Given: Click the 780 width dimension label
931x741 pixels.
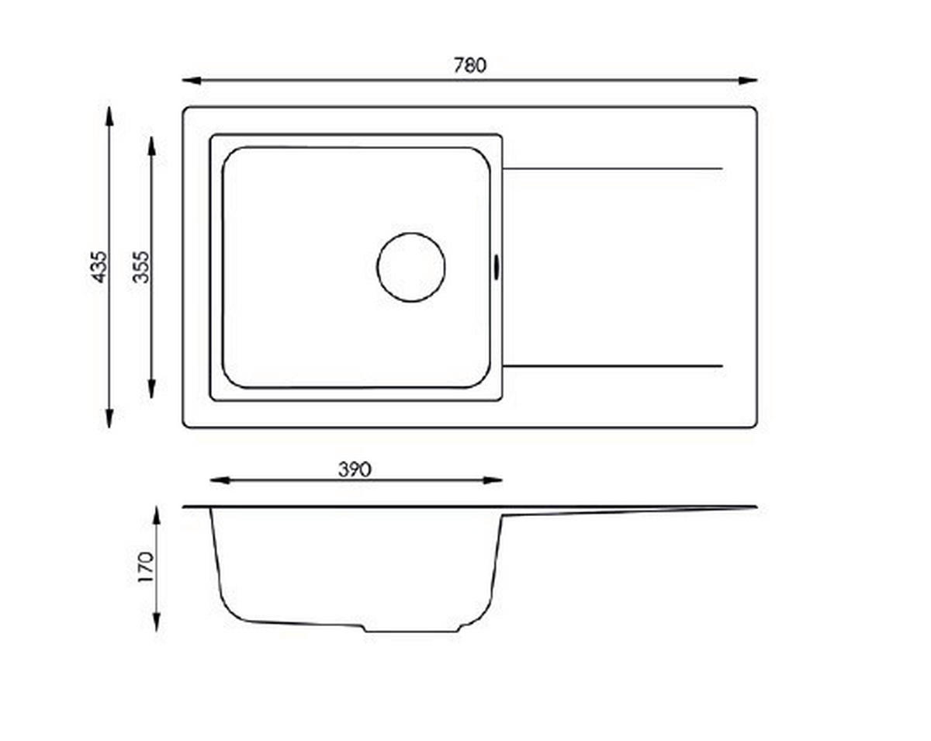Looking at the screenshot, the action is click(x=470, y=66).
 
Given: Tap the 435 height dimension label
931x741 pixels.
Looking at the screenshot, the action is click(x=99, y=267).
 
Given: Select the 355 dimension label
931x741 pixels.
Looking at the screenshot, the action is click(x=141, y=267).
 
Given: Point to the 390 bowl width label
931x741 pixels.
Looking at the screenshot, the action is click(x=355, y=469).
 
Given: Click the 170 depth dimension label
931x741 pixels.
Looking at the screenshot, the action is click(x=146, y=567).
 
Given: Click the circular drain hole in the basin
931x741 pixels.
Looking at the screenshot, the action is click(x=411, y=267).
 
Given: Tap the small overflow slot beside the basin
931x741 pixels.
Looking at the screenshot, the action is click(x=497, y=267).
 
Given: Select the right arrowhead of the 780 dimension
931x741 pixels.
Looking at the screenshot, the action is click(x=748, y=81).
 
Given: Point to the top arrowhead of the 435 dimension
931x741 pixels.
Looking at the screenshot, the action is click(x=109, y=116).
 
